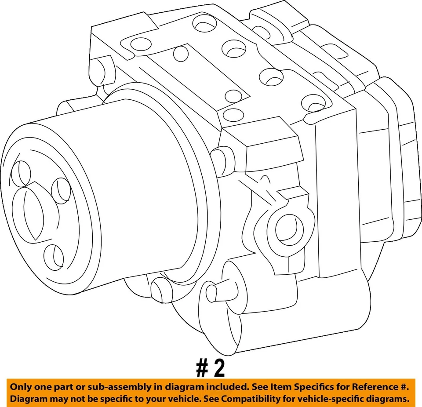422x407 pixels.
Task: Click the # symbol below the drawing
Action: (202, 369)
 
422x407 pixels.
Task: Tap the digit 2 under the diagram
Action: (218, 369)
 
